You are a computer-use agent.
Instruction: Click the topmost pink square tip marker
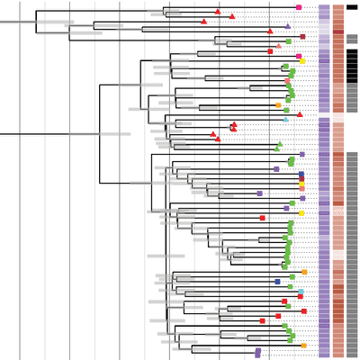pos(299,7)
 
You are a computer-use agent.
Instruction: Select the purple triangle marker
pos(288,27)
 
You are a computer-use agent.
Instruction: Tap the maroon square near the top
pos(302,37)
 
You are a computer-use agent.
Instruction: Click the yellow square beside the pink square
pos(303,61)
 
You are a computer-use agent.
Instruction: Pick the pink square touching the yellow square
pos(299,57)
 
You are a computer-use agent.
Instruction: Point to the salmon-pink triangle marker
pos(279,46)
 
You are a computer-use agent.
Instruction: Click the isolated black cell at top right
pos(352,7)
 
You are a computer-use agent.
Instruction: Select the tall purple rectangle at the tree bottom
pos(257,353)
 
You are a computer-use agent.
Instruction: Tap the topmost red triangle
pos(218,12)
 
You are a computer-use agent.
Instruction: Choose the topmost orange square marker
pos(278,105)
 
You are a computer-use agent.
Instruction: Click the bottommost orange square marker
pos(303,346)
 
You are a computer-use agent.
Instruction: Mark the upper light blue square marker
pos(285,119)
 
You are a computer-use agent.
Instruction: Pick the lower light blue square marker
pos(300,292)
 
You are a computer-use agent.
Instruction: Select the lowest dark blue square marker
pos(277,282)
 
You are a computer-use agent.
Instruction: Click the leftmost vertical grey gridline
pos(20,180)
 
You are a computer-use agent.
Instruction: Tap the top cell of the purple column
pos(324,7)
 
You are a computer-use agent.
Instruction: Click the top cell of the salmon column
pos(338,7)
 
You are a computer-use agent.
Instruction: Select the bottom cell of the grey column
pos(352,354)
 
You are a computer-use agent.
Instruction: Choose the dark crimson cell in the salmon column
pos(338,31)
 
